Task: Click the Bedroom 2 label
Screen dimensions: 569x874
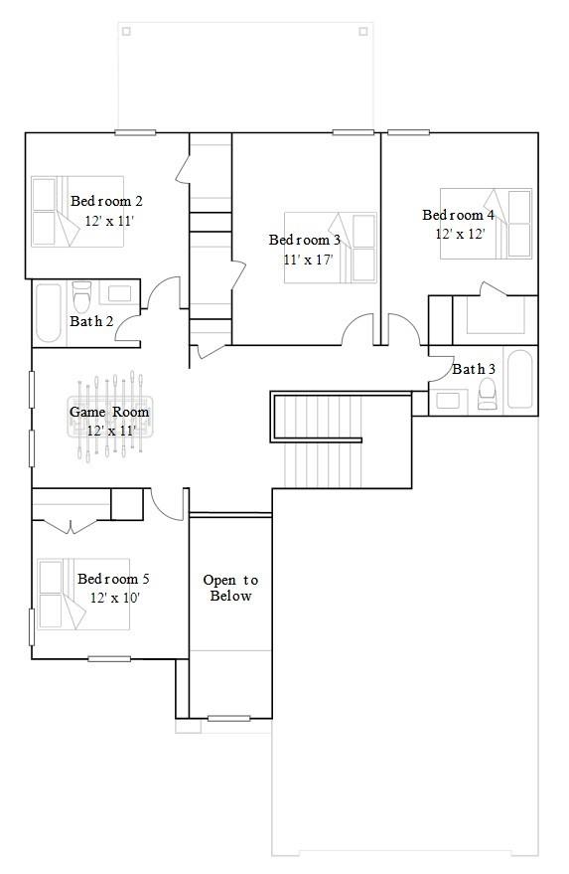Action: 106,201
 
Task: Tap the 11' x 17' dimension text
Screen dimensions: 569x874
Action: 308,260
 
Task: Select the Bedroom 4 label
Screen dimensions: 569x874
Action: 458,215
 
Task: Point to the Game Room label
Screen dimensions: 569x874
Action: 109,412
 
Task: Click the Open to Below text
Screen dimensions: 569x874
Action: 230,588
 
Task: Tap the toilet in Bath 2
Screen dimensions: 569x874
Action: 81,296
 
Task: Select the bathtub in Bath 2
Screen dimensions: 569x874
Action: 49,312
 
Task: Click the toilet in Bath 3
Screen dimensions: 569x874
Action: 488,394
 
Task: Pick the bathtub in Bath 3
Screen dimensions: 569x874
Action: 520,379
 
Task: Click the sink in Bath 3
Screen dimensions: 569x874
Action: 448,401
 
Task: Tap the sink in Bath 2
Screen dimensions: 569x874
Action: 120,293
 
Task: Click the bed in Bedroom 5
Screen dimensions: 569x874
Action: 83,595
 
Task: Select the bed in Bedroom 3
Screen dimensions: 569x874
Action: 331,248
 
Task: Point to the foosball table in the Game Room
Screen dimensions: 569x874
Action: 109,416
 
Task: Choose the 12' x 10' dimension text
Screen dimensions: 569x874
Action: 114,598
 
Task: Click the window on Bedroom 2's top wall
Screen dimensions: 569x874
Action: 135,132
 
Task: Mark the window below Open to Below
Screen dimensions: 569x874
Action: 228,719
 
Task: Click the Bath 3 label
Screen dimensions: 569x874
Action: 474,369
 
